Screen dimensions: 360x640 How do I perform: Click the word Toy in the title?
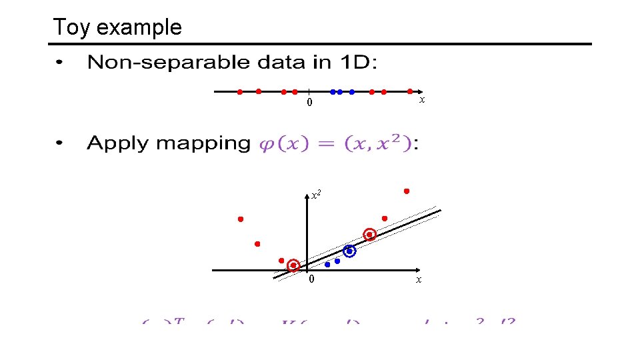(67, 27)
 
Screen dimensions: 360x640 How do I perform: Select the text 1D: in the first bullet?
(359, 63)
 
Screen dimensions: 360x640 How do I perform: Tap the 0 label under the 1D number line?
(309, 103)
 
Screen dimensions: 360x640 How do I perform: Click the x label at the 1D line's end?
(421, 99)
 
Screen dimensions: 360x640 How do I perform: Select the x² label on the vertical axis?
(316, 195)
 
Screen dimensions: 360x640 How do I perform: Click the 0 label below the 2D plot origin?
(310, 279)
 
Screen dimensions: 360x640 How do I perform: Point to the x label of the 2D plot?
(418, 279)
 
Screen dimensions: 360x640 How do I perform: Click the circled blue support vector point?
(349, 251)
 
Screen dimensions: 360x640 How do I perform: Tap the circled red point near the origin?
(293, 265)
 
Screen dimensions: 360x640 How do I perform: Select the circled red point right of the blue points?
(369, 234)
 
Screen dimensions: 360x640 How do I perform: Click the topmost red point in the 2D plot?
(407, 191)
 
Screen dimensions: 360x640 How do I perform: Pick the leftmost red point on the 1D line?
(240, 92)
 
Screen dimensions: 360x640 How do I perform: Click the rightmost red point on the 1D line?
(409, 91)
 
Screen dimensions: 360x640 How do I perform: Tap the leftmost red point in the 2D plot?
(241, 219)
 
